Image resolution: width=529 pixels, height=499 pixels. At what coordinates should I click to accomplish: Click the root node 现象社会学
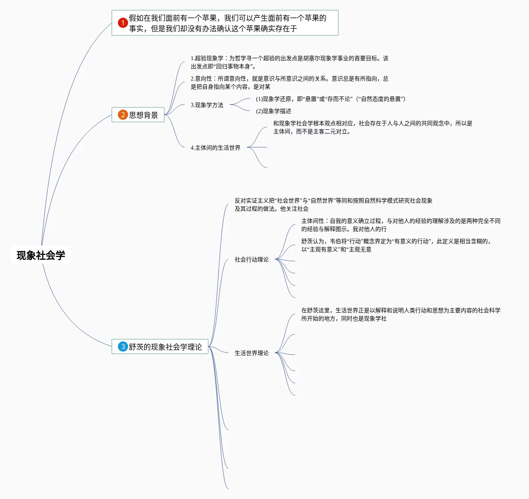41,255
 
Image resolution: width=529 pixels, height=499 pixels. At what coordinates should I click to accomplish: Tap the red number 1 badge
123,23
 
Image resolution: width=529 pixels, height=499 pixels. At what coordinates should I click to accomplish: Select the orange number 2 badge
123,115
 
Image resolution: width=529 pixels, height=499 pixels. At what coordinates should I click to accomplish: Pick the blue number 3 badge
123,346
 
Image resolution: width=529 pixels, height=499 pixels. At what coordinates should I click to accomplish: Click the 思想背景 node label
144,115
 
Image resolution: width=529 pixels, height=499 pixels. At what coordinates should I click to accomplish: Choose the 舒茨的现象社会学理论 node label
165,347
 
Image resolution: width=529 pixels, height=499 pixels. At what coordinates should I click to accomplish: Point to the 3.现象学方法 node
207,105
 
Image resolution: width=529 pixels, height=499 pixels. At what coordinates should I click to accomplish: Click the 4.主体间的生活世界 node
216,148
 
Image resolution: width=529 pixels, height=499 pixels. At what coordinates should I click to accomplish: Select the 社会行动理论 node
252,259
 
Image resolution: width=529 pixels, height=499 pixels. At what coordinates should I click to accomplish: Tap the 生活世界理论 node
252,353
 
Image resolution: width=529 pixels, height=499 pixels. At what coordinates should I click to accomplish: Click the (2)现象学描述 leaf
274,111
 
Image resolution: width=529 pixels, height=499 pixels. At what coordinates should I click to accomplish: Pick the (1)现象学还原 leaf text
331,99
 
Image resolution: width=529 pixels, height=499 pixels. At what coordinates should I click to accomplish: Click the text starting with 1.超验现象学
290,62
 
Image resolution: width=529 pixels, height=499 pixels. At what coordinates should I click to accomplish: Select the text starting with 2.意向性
290,83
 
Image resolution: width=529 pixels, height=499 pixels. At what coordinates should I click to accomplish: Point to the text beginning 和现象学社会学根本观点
372,127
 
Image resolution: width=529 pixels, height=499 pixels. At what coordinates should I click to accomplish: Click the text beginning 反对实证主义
333,205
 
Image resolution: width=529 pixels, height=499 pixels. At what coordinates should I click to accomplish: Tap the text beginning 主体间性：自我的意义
401,225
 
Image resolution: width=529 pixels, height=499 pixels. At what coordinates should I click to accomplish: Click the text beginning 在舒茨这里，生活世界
401,314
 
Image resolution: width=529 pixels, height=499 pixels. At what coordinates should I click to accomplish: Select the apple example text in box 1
228,23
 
